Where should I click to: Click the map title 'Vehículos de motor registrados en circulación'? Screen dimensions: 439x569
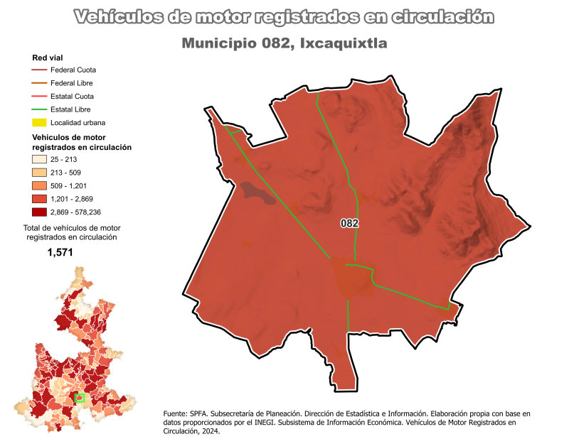284,16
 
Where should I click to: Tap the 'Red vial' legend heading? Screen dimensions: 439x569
48,58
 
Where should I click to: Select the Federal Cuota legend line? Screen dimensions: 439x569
39,70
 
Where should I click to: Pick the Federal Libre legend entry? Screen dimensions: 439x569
39,83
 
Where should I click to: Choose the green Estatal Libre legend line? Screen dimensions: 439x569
39,109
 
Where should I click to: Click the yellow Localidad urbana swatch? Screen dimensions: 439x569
39,123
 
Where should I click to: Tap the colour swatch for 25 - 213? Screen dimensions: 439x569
39,159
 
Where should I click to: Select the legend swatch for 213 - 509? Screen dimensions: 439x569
39,173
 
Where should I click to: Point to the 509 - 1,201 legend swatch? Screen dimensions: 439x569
39,185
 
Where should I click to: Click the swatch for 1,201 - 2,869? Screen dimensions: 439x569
39,199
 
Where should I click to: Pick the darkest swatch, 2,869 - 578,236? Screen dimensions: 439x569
39,212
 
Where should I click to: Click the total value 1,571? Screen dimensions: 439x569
60,252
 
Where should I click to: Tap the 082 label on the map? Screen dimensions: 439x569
349,223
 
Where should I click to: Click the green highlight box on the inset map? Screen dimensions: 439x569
80,398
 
